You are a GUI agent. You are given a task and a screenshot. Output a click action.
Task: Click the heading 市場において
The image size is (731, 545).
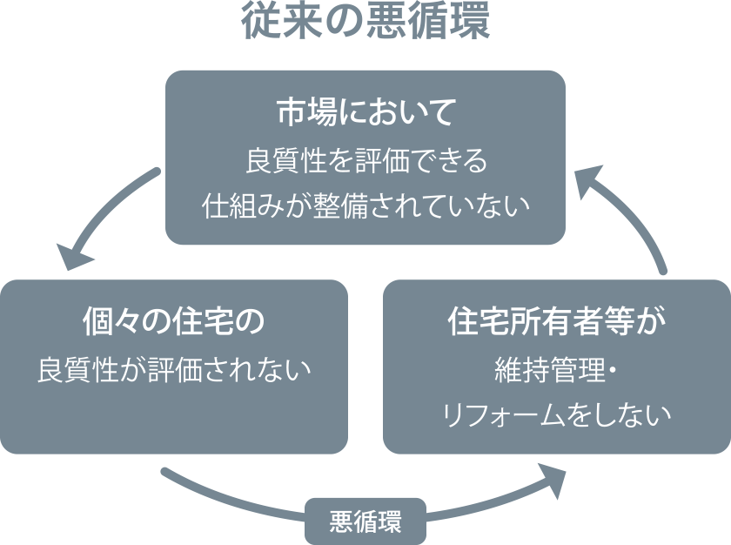click(365, 112)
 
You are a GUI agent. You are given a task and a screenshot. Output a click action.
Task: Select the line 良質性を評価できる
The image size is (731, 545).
click(365, 160)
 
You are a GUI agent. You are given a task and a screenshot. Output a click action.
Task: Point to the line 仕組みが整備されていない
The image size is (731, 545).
click(365, 206)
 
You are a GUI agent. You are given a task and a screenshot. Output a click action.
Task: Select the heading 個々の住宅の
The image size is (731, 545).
click(173, 321)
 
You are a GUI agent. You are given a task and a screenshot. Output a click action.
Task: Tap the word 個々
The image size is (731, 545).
click(112, 321)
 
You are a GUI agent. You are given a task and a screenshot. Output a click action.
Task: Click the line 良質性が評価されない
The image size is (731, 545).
click(173, 369)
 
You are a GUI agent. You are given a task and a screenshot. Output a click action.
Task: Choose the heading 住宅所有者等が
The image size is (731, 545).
click(556, 321)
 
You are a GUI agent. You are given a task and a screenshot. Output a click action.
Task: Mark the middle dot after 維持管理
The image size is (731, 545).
click(612, 370)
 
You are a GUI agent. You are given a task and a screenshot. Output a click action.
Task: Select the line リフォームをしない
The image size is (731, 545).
click(556, 414)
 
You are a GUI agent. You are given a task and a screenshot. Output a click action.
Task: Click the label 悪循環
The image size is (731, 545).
click(365, 522)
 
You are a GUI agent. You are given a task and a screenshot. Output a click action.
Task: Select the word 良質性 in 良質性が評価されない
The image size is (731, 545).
click(77, 369)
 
